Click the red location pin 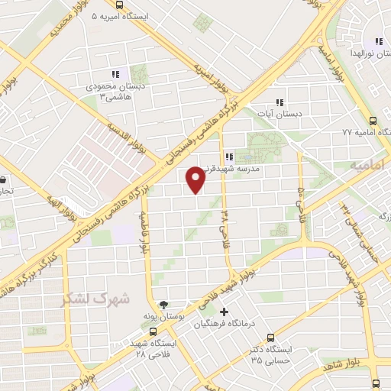[196, 179]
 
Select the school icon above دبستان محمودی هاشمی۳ [116, 74]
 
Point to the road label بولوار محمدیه [66, 21]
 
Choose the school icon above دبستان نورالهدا [378, 42]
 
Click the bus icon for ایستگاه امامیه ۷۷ [373, 121]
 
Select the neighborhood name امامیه [365, 165]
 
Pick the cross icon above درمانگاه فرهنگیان [224, 312]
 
